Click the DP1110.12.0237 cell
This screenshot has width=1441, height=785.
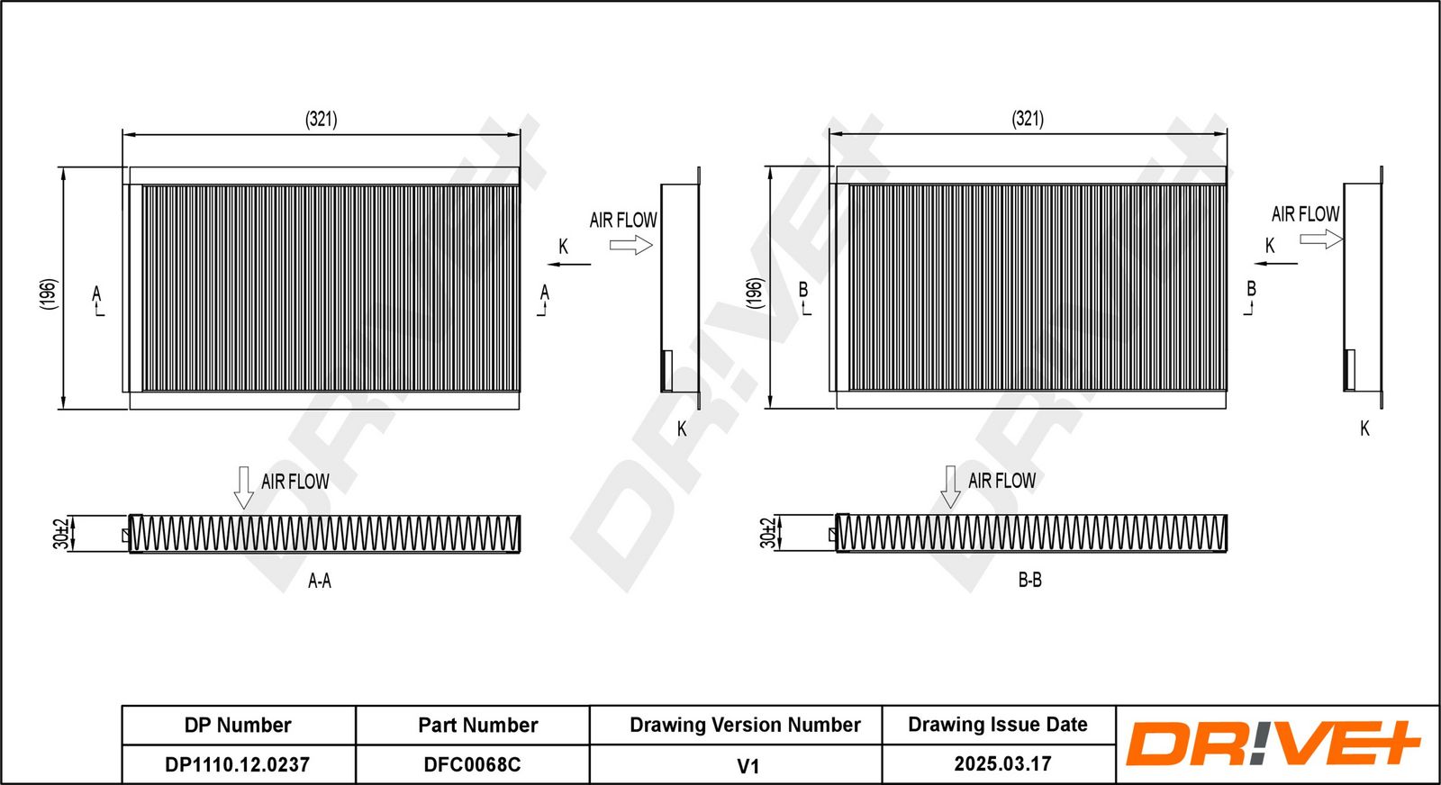click(x=238, y=764)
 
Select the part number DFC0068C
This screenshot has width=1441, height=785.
click(x=472, y=764)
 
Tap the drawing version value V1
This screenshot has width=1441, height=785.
click(x=748, y=766)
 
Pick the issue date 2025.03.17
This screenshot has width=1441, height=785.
click(x=1002, y=763)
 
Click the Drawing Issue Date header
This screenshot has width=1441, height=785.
click(x=997, y=725)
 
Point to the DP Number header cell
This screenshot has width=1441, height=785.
click(x=238, y=725)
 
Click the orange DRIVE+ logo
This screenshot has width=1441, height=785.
click(x=1272, y=744)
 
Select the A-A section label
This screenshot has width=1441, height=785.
click(x=320, y=582)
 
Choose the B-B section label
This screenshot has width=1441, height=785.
click(x=1029, y=581)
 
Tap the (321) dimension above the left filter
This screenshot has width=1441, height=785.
click(x=321, y=119)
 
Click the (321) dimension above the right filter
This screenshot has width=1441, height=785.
click(x=1028, y=119)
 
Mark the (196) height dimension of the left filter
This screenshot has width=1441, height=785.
click(x=49, y=293)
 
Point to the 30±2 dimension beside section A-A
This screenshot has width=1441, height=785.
click(x=60, y=533)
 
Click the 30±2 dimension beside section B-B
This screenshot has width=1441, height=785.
click(x=767, y=533)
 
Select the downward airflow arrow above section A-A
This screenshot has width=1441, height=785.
click(x=243, y=487)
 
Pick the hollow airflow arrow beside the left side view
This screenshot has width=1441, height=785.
click(x=630, y=244)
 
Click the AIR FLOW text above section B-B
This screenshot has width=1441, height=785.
click(x=1001, y=481)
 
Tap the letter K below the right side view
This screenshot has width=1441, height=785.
click(x=1364, y=429)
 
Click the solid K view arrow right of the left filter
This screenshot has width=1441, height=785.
click(x=569, y=265)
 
